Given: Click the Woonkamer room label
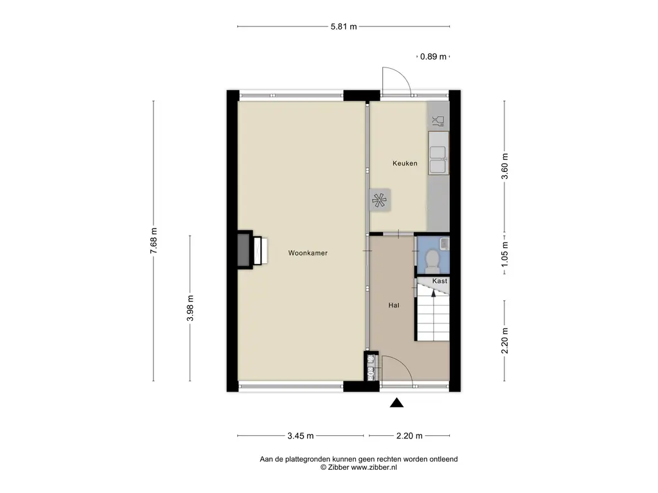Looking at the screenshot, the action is coord(308,253).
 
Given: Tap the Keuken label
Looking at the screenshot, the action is coord(405,164).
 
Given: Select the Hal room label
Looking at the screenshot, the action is coord(394,306).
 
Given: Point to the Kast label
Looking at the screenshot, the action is coord(440,281).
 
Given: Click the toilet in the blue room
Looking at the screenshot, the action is coord(431,259).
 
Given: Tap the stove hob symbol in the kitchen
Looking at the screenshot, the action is coord(378,200).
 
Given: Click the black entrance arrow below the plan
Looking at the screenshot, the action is coord(396,403).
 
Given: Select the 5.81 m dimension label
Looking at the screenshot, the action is coord(344,27).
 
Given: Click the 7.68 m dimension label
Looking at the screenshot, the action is coord(154,241).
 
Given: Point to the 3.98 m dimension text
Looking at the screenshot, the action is coord(190,308).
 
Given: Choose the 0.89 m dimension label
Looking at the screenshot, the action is coord(434,56).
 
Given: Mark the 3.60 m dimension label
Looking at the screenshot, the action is coord(505,166).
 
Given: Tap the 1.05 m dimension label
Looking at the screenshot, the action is coord(505,254).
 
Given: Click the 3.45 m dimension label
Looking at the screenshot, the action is coord(301,436).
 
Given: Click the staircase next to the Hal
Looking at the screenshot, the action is coord(432,310).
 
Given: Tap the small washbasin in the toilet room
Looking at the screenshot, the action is coord(444,243).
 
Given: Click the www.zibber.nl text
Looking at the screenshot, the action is coord(374,467).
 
